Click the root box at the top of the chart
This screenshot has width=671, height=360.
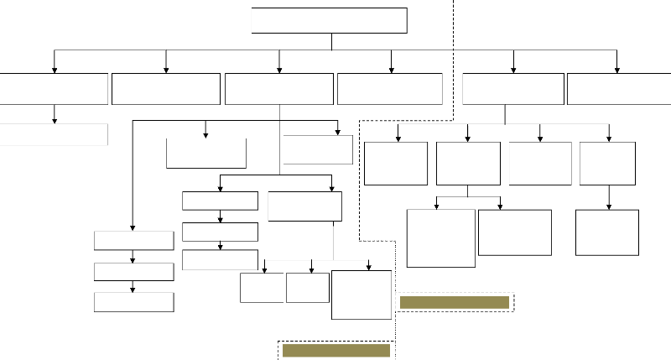click(x=329, y=20)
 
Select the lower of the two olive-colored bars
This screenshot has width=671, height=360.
click(x=336, y=350)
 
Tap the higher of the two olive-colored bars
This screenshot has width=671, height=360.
click(x=455, y=302)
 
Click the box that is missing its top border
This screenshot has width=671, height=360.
click(x=206, y=154)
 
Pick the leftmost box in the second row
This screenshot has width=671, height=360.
click(x=54, y=88)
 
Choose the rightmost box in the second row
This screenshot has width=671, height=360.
click(x=618, y=88)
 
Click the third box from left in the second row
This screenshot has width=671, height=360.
click(x=279, y=88)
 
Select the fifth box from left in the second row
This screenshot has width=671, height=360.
click(x=512, y=88)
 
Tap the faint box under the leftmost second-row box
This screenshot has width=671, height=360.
click(x=54, y=134)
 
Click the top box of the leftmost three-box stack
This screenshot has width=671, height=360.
click(x=133, y=240)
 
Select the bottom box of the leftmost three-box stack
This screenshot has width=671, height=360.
click(x=133, y=302)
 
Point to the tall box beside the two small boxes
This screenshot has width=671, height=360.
click(x=362, y=295)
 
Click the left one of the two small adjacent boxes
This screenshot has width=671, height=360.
click(x=261, y=287)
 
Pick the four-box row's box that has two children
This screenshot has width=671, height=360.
click(x=468, y=163)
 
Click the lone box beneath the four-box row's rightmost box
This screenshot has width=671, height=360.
click(x=607, y=232)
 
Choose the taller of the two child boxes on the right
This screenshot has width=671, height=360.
click(x=440, y=237)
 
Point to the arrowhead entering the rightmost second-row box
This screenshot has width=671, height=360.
click(x=617, y=70)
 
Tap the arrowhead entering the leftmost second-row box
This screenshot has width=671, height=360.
click(x=55, y=70)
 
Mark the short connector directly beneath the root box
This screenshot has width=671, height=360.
click(x=332, y=41)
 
